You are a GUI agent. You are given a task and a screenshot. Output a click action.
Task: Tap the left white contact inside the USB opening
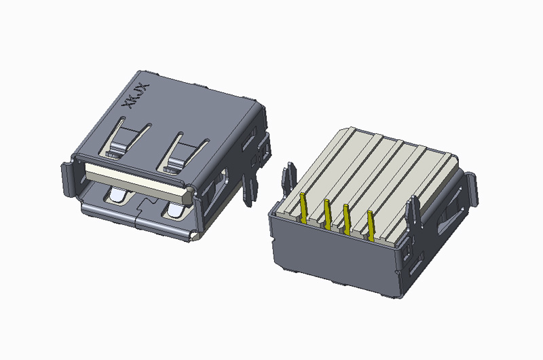(x=115, y=197)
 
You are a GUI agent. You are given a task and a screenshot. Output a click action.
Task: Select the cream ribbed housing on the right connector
(x=380, y=163)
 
